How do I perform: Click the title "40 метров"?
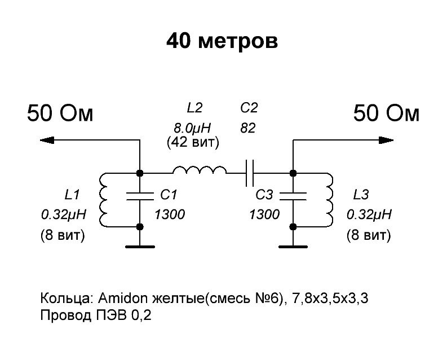[222, 41]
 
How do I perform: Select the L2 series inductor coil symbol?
[200, 170]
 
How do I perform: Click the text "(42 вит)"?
[193, 143]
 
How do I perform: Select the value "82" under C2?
[248, 128]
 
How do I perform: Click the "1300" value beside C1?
[170, 215]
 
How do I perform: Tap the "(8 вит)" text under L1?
[62, 235]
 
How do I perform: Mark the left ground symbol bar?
[140, 246]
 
